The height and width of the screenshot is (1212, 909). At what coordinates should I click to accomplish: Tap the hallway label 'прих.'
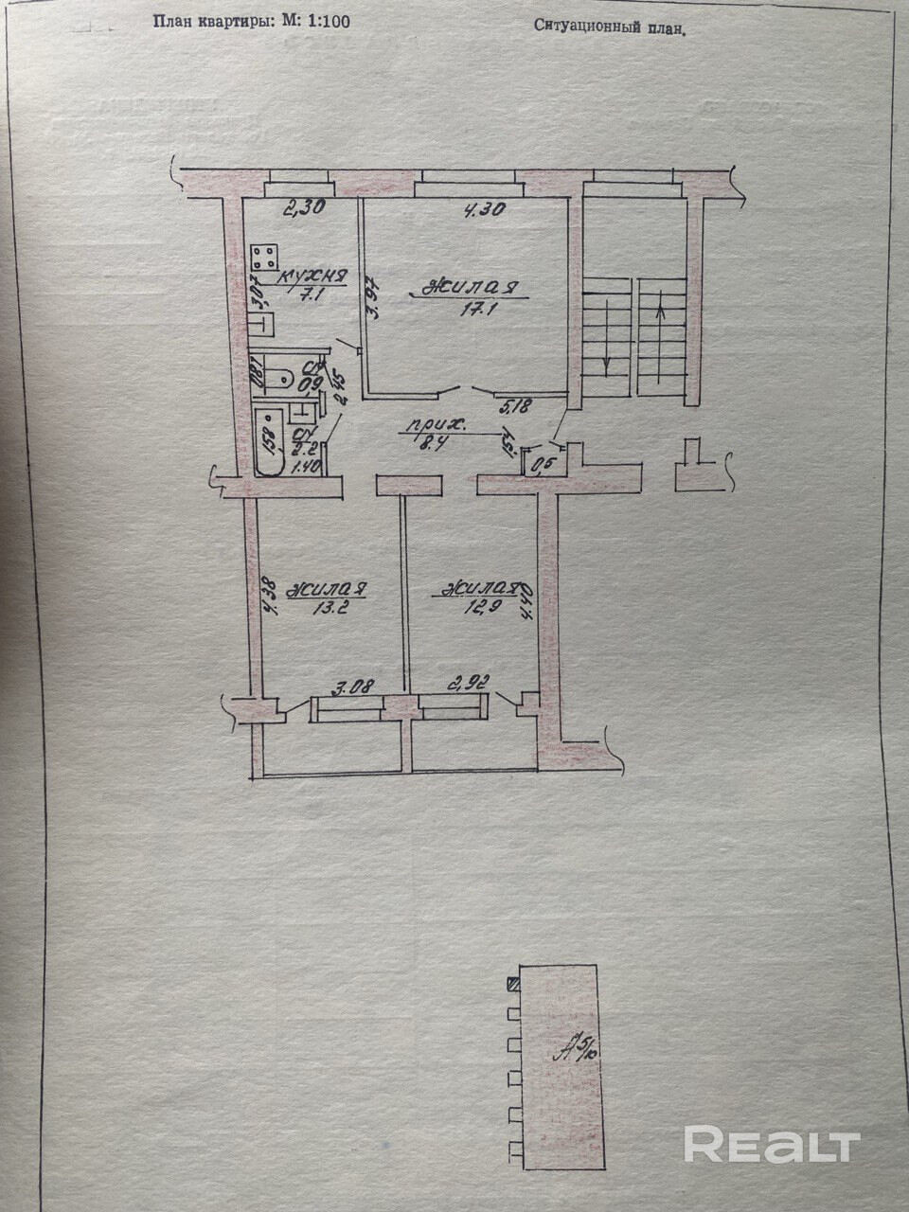click(423, 427)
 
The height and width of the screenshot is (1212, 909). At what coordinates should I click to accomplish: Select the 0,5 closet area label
click(541, 465)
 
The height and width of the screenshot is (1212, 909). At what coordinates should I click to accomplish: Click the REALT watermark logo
click(771, 1144)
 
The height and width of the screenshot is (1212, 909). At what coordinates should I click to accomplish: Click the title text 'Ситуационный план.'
click(608, 27)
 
